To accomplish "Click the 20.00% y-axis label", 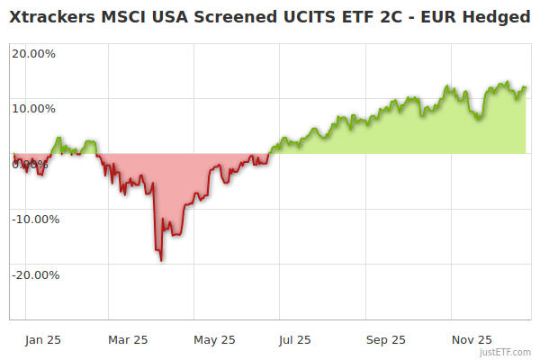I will pos(33,53).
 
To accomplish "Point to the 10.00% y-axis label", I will pos(33,108).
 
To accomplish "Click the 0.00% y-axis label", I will pos(31,164).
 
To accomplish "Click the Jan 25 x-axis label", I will pos(42,340).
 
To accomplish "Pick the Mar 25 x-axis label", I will pos(128,340).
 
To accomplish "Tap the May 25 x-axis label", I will pos(214,340).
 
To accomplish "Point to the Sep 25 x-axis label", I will pos(386,340).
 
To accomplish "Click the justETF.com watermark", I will pos(506,353).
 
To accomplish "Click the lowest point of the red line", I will pos(161,260).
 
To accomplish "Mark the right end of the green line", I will pos(526,87).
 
